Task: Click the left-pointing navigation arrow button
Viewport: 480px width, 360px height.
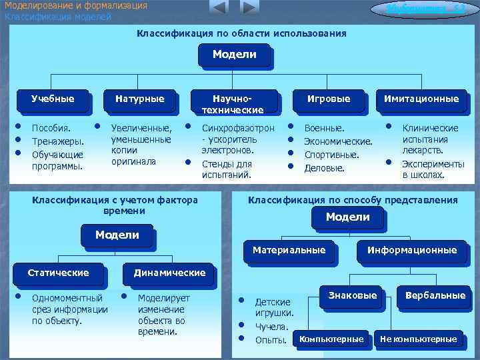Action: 218,8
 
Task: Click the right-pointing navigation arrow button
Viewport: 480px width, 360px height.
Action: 249,8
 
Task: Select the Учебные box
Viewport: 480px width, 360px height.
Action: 53,99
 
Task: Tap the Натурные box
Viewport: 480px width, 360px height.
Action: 139,99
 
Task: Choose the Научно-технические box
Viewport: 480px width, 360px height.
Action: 233,103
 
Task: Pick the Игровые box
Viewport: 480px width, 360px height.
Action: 328,99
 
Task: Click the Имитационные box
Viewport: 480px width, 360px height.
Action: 421,99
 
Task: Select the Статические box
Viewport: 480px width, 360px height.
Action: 58,273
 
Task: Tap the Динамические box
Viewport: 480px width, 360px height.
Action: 169,273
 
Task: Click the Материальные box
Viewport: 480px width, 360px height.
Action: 289,251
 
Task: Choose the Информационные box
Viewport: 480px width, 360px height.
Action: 411,251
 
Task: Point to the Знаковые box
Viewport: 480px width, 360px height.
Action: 353,296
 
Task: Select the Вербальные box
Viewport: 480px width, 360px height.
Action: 435,296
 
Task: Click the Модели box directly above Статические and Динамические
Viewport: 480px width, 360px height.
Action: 117,235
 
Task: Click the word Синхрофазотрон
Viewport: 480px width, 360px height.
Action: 237,128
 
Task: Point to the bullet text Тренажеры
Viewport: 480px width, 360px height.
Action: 58,141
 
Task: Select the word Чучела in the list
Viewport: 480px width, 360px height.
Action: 271,327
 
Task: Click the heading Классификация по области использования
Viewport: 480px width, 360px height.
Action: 241,33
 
